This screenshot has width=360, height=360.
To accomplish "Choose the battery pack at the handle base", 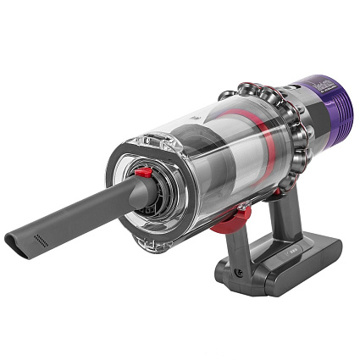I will pyautogui.click(x=288, y=258).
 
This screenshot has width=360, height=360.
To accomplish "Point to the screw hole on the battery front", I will pyautogui.click(x=239, y=274).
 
